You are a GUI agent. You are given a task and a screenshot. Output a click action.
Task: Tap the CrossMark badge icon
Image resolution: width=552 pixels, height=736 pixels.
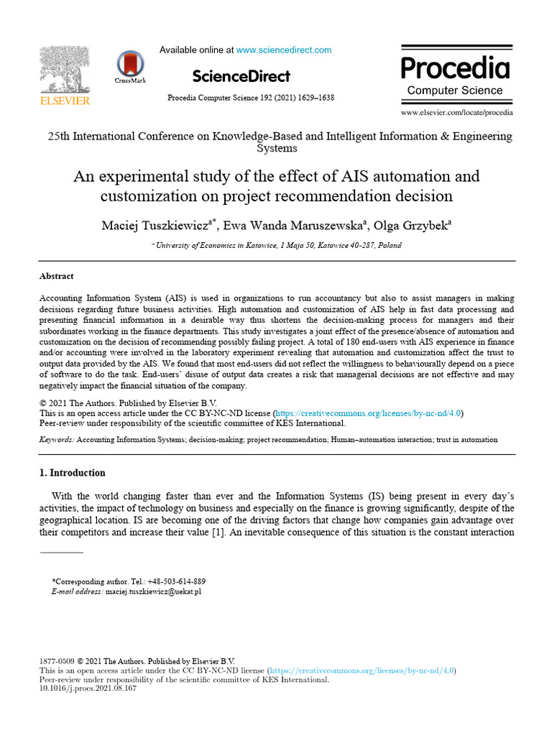129,64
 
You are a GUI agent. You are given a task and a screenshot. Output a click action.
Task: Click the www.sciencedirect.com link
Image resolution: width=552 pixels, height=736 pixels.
284,50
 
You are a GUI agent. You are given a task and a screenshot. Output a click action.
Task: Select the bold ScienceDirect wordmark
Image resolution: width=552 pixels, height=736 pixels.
241,76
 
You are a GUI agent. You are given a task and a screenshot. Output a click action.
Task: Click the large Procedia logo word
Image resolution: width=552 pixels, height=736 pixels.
455,68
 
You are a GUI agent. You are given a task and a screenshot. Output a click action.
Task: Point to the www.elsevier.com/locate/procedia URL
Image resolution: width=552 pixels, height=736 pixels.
456,113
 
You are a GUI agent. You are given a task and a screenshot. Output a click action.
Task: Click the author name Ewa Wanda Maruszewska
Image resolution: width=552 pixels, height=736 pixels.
291,226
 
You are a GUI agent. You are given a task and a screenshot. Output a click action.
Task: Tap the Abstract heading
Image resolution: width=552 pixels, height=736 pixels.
56,276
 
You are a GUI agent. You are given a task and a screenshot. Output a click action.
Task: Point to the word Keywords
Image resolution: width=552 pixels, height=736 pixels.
55,439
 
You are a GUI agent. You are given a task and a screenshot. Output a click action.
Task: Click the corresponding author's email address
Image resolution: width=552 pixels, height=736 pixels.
153,591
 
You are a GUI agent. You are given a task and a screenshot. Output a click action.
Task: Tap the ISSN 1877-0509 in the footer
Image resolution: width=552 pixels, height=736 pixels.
56,661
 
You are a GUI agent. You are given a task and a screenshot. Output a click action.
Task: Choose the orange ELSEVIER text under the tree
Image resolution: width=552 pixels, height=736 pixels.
64,101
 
